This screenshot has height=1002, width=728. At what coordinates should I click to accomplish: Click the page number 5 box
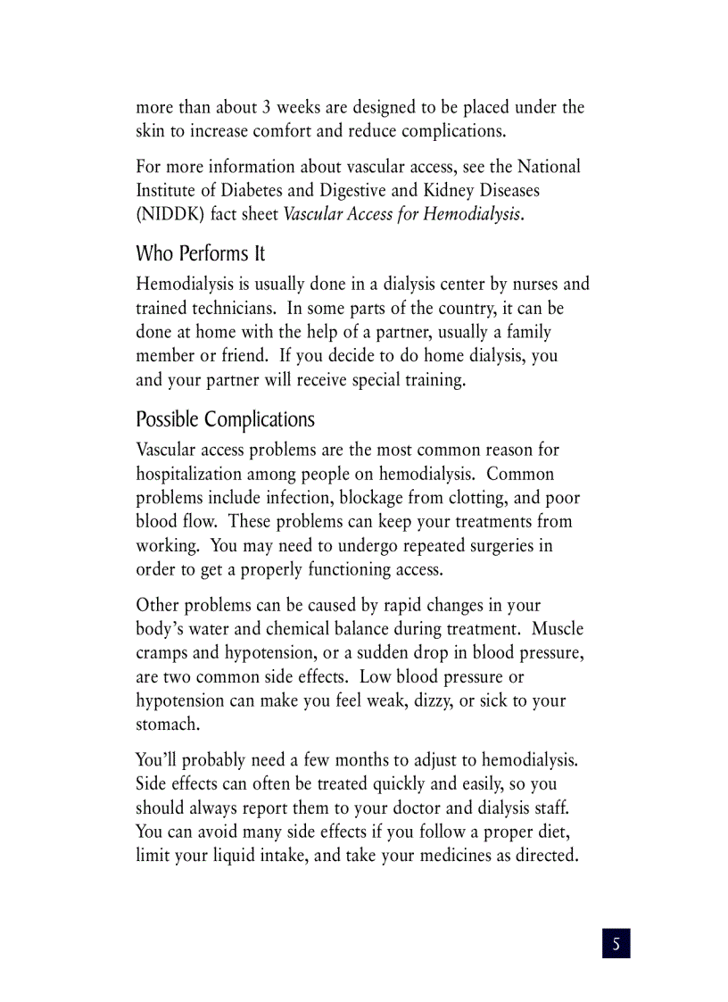(x=616, y=943)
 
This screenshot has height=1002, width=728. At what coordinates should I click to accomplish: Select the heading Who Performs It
(x=200, y=253)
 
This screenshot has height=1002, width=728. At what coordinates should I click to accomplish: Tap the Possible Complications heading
(x=225, y=419)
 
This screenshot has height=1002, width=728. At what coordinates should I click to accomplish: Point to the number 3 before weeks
(x=267, y=108)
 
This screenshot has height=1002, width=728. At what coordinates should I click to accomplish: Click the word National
(x=549, y=167)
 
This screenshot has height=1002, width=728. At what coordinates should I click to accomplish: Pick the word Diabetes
(x=254, y=190)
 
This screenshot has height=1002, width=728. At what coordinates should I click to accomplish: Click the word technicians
(x=233, y=309)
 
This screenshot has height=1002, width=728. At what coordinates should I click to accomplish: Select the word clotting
(x=467, y=498)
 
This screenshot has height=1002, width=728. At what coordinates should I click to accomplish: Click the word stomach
(x=166, y=725)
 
